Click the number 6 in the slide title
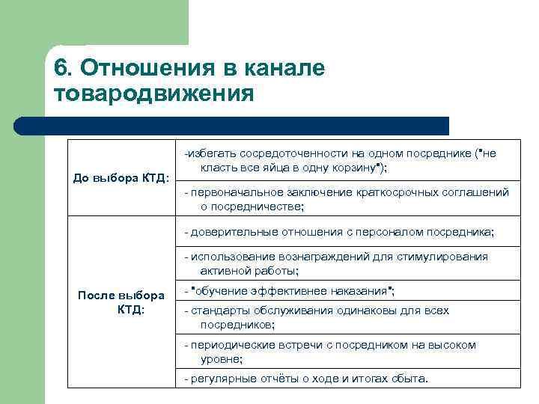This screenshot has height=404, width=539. tap(61, 68)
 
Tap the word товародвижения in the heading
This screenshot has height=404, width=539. tap(154, 94)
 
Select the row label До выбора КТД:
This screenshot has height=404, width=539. tap(121, 178)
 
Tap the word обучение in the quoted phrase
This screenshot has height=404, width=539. tap(224, 290)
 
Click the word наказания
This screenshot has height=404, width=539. tap(362, 290)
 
